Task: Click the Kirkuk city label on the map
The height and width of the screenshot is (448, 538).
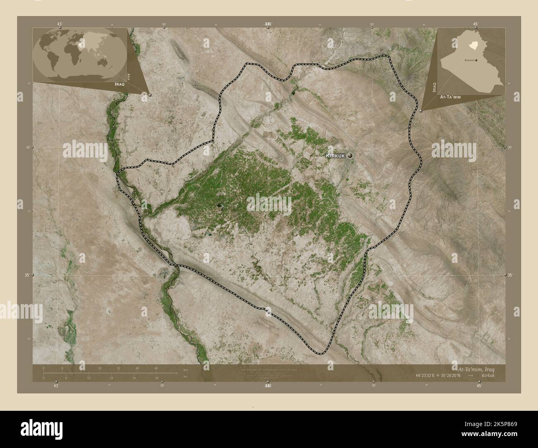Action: [336, 155]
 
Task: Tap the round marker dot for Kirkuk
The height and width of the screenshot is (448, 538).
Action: [351, 155]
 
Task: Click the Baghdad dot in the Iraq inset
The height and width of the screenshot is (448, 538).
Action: [476, 60]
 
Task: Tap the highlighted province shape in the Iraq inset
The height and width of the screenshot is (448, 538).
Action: [471, 43]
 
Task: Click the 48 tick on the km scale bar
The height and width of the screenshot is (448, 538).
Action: [156, 368]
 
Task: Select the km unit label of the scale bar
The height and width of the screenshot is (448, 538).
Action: [180, 369]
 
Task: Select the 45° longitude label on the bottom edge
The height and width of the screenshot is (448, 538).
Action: [479, 386]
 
